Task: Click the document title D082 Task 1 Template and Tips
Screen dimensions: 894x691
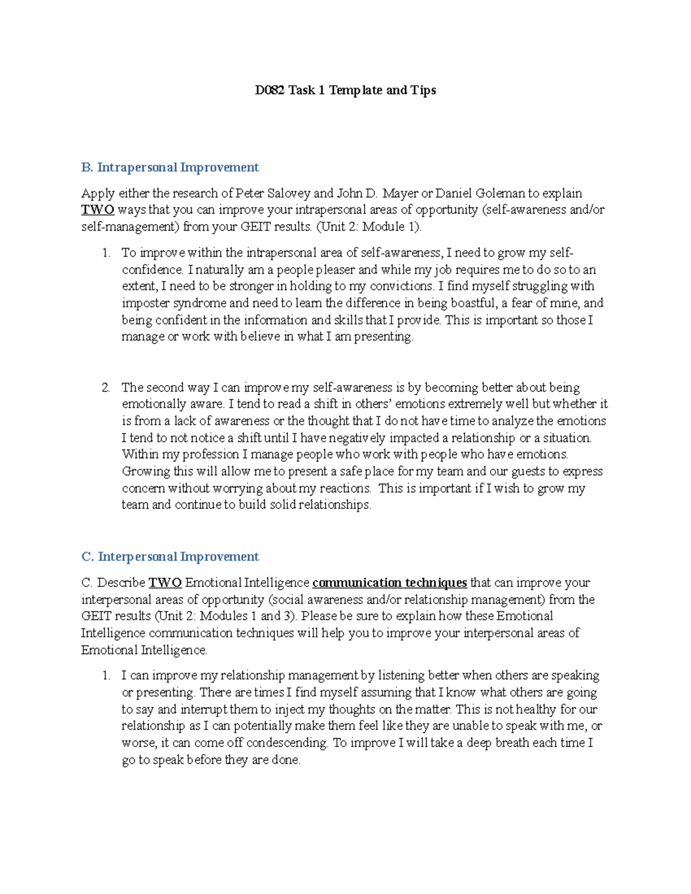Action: (345, 90)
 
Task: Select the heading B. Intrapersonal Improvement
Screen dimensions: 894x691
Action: (170, 168)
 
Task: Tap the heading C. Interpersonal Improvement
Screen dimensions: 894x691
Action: (170, 557)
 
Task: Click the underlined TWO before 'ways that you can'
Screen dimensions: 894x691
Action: (97, 210)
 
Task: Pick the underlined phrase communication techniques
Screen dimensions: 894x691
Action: (389, 583)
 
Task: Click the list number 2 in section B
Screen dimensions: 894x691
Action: (105, 387)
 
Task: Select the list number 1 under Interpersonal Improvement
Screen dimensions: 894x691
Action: (105, 675)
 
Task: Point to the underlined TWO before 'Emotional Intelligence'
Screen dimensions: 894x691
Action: (165, 583)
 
